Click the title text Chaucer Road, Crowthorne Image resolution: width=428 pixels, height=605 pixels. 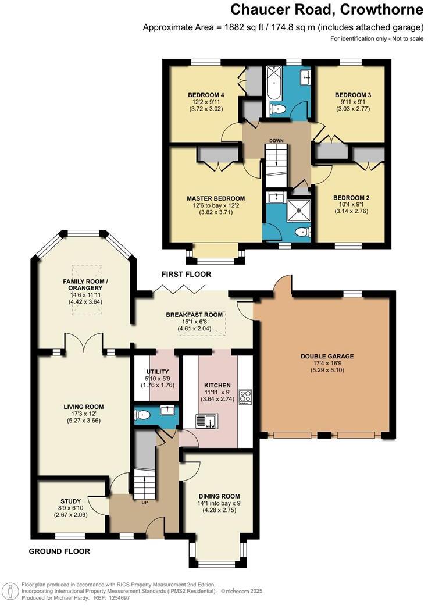coord(326,10)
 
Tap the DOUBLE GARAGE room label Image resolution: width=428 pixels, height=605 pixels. coord(327,357)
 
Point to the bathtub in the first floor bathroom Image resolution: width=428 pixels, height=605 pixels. coord(273,89)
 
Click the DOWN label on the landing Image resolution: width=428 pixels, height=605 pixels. coord(276,140)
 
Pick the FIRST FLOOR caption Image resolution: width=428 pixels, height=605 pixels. coord(187,274)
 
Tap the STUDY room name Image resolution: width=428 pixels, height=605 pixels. coord(70,501)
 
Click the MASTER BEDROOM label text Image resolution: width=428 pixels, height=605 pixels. coord(216,198)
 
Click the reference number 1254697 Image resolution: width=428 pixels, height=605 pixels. coord(117,597)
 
